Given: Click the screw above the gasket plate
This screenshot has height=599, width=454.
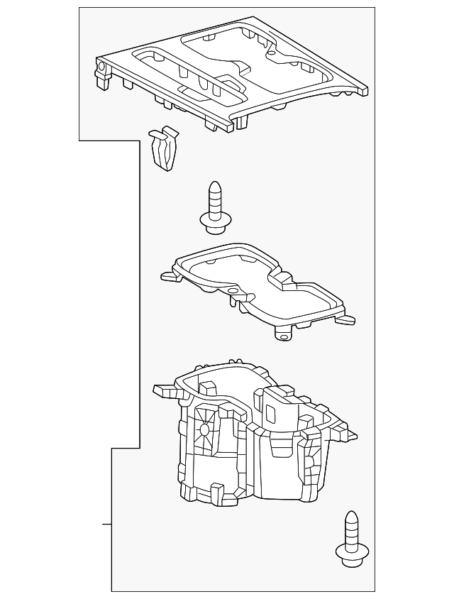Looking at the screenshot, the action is pyautogui.click(x=214, y=207).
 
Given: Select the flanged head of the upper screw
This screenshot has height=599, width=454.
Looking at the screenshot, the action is pyautogui.click(x=214, y=221).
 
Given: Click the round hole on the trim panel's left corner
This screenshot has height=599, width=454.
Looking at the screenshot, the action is pyautogui.click(x=100, y=69).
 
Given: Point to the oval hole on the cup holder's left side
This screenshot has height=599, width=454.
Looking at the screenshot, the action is pyautogui.click(x=205, y=429).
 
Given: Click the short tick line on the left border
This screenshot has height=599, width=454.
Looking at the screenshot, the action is pyautogui.click(x=106, y=524).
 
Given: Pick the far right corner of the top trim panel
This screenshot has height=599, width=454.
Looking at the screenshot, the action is pyautogui.click(x=366, y=89).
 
